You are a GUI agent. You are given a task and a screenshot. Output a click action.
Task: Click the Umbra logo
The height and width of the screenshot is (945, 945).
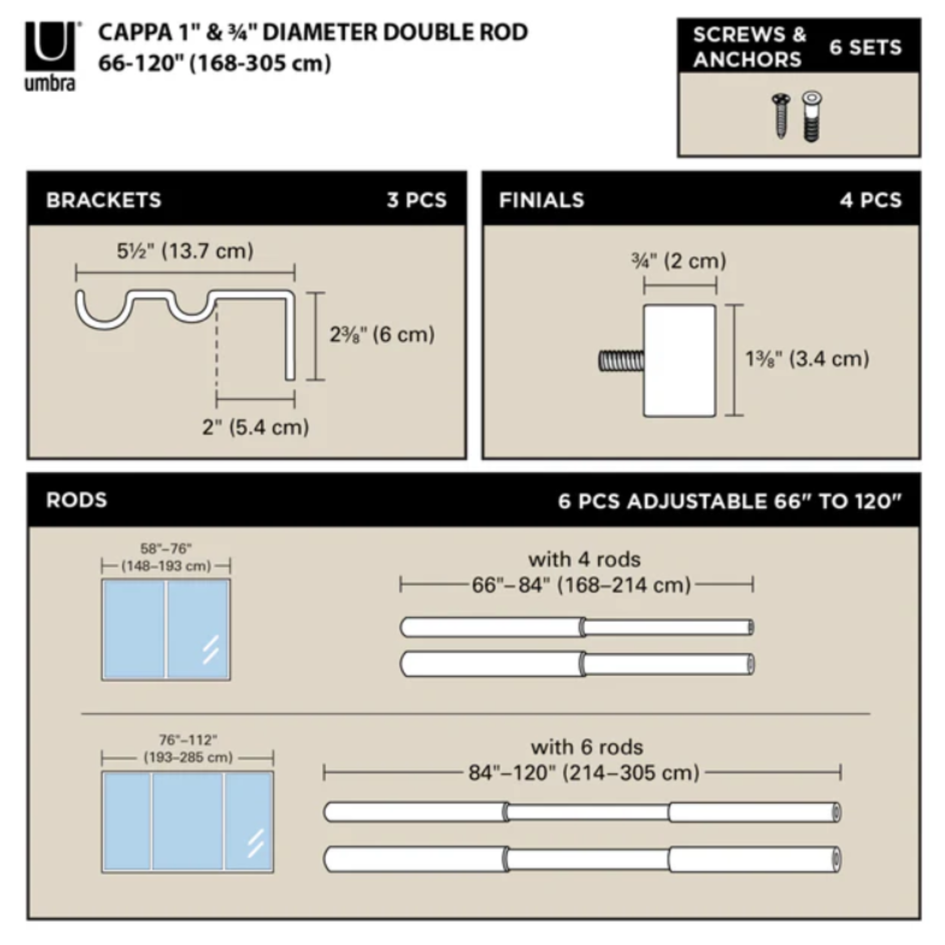coord(51,56)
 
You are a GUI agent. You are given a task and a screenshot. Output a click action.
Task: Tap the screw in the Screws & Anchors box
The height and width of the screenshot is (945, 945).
coord(781,116)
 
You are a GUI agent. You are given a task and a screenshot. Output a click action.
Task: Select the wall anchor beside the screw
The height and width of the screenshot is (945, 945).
coord(811,117)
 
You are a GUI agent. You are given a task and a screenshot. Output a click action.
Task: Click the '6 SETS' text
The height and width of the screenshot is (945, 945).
coord(865,48)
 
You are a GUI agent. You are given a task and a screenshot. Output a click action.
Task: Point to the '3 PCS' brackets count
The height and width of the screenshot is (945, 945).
coord(417,200)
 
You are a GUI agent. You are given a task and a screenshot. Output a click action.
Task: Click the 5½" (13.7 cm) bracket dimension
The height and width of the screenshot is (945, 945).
coord(185,251)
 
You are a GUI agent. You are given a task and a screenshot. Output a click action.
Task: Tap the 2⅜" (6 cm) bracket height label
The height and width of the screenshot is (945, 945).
coord(382,335)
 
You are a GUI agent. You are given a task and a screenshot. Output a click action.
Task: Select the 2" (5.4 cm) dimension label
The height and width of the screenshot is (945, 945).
coord(255,427)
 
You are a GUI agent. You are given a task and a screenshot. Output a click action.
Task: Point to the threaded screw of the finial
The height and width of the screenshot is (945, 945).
coord(621,361)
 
